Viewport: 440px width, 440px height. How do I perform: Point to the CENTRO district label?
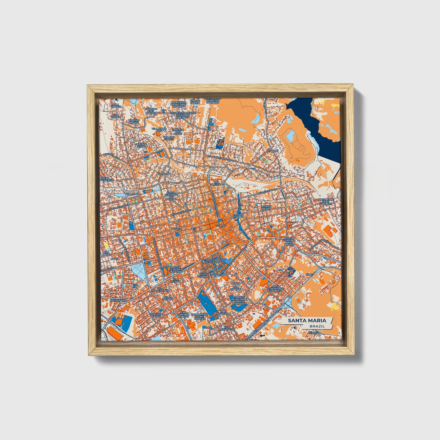[x=221, y=225]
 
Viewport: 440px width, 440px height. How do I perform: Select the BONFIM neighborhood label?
[x=177, y=229]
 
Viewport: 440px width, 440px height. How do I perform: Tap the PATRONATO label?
[x=118, y=300]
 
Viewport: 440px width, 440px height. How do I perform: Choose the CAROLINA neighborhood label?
[x=164, y=174]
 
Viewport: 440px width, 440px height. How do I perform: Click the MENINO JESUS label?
[x=266, y=207]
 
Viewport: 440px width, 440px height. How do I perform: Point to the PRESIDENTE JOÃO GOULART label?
[x=326, y=201]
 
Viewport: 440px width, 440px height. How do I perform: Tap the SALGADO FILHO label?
[x=141, y=145]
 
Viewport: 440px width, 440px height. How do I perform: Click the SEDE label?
[x=310, y=274]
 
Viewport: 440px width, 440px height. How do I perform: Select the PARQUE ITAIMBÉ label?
[x=238, y=216]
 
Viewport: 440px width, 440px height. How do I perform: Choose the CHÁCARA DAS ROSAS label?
[x=177, y=132]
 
